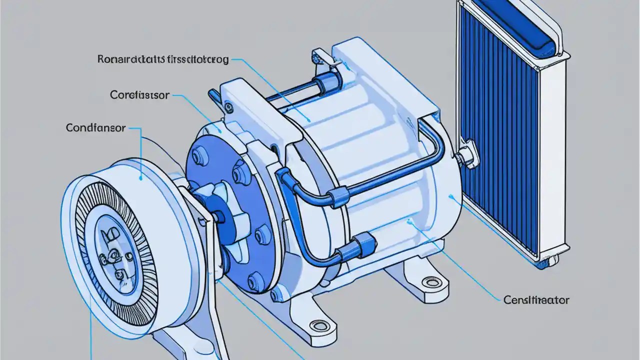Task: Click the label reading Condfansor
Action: tap(96, 128)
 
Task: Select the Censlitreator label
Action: tap(536, 300)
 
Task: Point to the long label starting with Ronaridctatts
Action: tap(163, 60)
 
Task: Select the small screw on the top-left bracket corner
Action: tap(228, 106)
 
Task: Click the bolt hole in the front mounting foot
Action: tap(317, 326)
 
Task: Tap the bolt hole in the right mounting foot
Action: tap(429, 282)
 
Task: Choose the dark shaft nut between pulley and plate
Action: tap(218, 216)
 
